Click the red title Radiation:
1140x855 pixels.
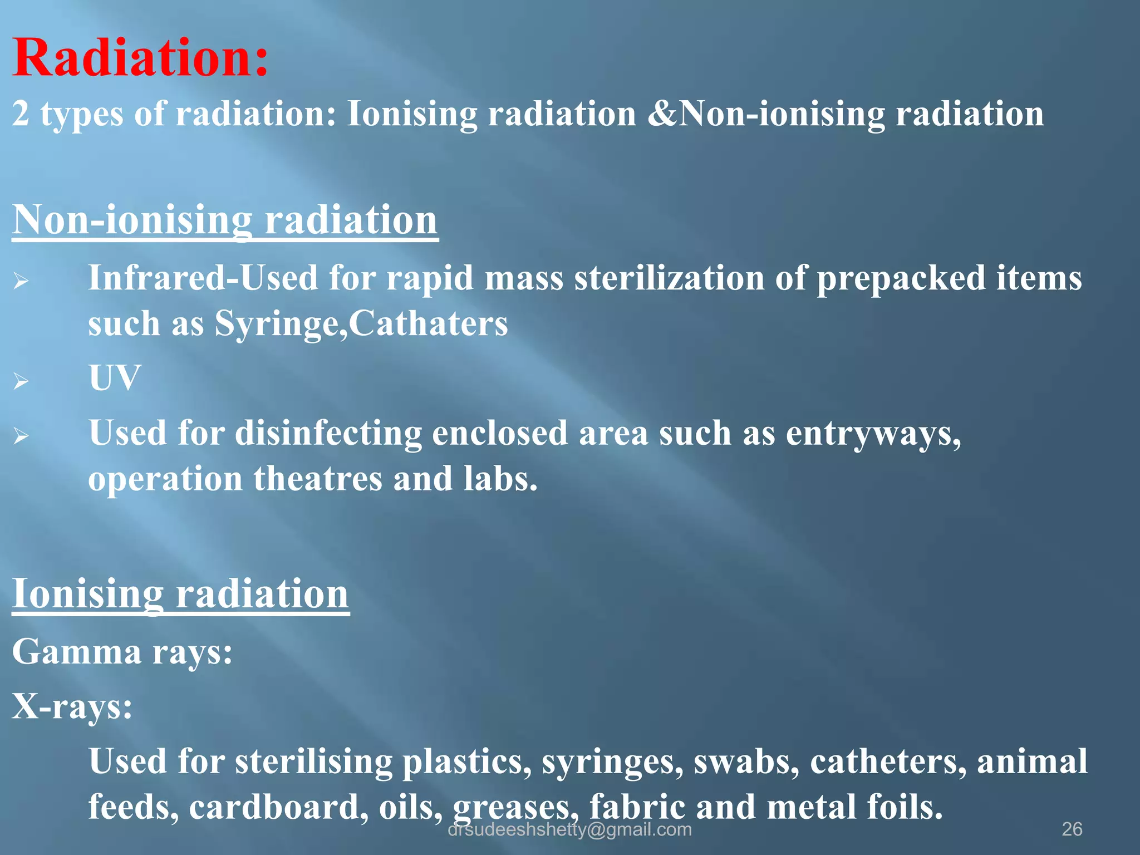(x=140, y=58)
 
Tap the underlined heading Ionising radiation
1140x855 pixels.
(x=180, y=593)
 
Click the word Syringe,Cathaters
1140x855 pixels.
(x=361, y=323)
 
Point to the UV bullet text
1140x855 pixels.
(x=114, y=378)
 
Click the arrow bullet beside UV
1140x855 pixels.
(x=21, y=381)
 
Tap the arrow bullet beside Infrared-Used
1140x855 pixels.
(x=21, y=281)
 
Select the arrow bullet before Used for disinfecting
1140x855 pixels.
(x=21, y=436)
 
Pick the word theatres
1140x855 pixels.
(x=318, y=479)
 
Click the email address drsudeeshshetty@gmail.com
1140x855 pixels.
(x=569, y=829)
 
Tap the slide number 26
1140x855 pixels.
(x=1072, y=829)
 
